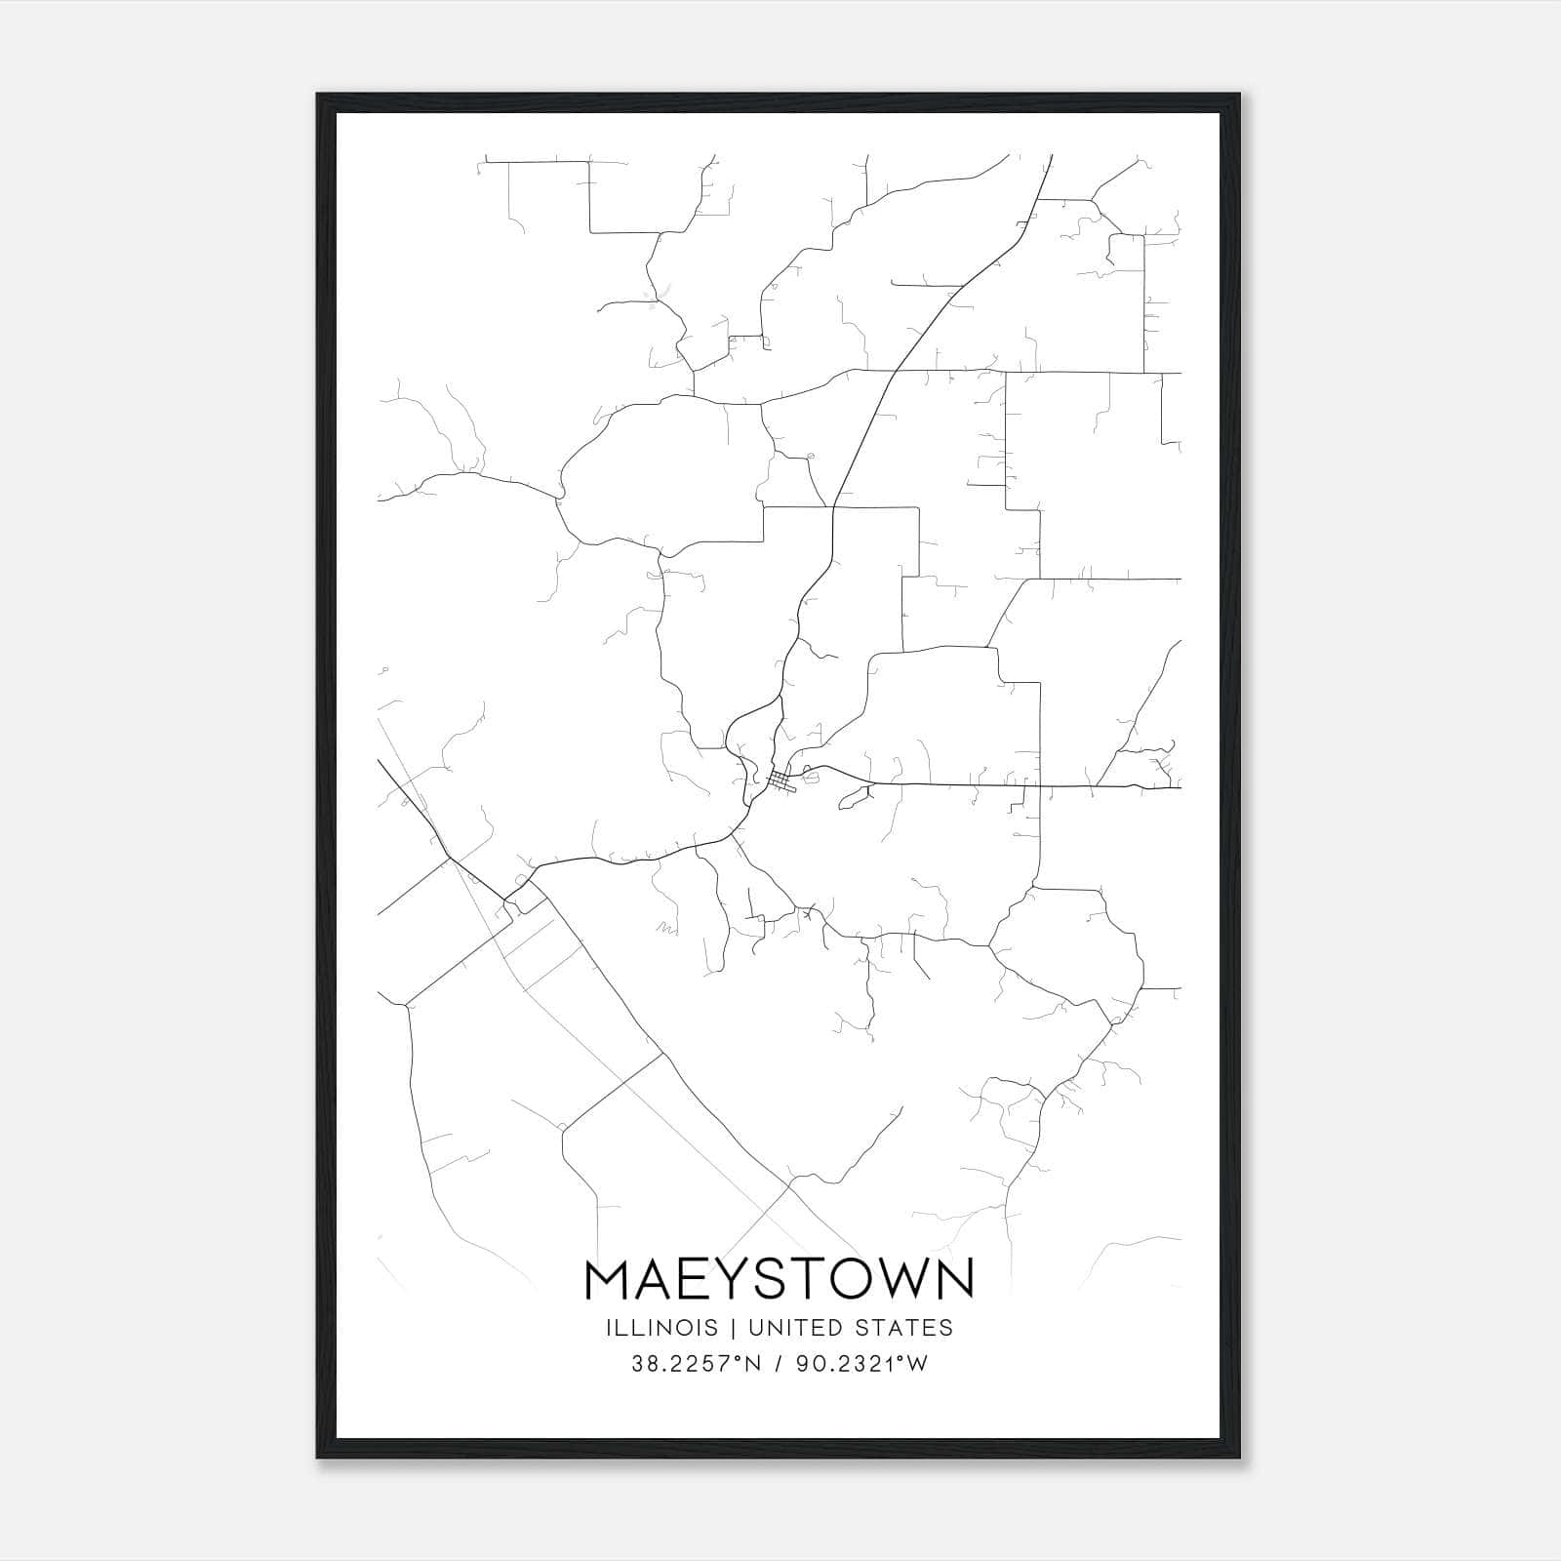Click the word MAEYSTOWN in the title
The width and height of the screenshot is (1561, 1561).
[x=780, y=1279]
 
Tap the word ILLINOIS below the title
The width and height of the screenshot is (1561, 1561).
[x=662, y=1328]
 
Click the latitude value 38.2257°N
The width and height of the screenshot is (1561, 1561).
[x=691, y=1364]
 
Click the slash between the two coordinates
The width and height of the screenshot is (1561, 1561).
[x=777, y=1364]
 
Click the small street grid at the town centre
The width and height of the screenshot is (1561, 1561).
[x=780, y=780]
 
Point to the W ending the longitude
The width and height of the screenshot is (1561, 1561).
[x=918, y=1364]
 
